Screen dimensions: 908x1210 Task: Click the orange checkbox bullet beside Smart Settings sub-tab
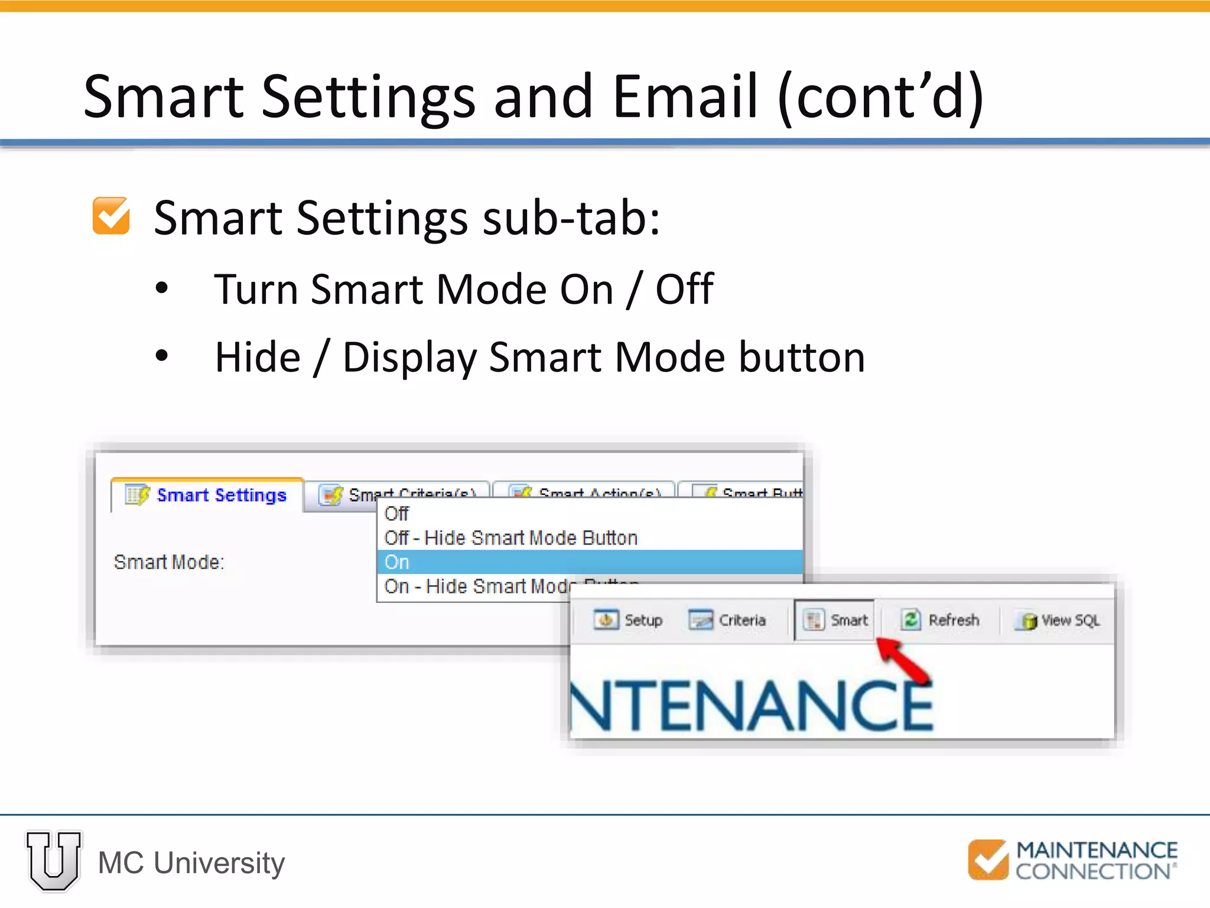pyautogui.click(x=111, y=216)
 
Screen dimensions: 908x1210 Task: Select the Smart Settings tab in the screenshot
pyautogui.click(x=207, y=495)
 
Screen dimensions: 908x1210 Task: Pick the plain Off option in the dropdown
pyautogui.click(x=396, y=514)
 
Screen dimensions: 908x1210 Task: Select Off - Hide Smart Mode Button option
pyautogui.click(x=510, y=538)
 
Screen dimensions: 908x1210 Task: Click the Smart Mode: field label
pyautogui.click(x=169, y=562)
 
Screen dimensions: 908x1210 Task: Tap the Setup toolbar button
pyautogui.click(x=628, y=620)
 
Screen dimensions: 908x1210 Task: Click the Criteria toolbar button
pyautogui.click(x=727, y=620)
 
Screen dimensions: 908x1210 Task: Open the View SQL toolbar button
pyautogui.click(x=1058, y=621)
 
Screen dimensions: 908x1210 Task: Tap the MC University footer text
pyautogui.click(x=191, y=862)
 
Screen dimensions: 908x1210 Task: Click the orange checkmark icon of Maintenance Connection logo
pyautogui.click(x=988, y=860)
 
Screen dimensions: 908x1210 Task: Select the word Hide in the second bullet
pyautogui.click(x=258, y=358)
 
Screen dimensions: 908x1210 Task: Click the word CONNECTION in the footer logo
pyautogui.click(x=1092, y=871)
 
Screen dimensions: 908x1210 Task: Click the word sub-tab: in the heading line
pyautogui.click(x=571, y=218)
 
